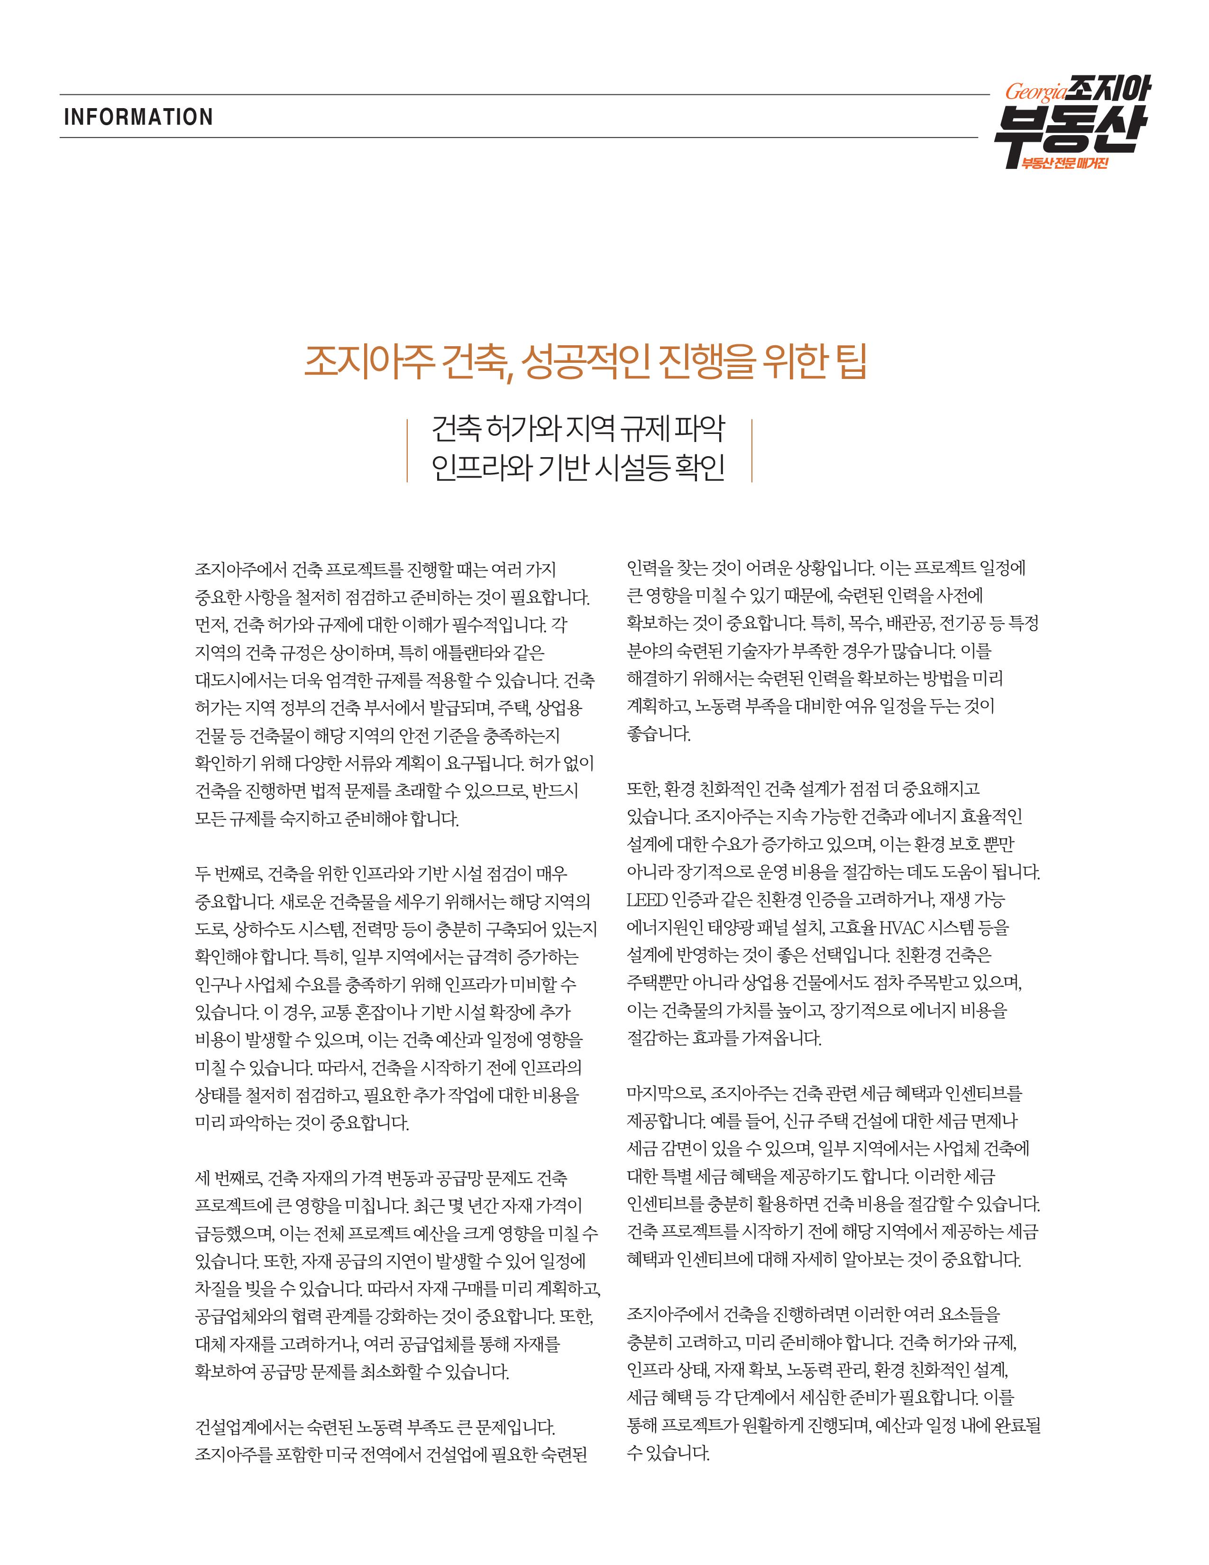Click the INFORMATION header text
pos(138,117)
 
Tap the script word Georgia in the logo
pos(1035,92)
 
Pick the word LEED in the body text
pos(647,899)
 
